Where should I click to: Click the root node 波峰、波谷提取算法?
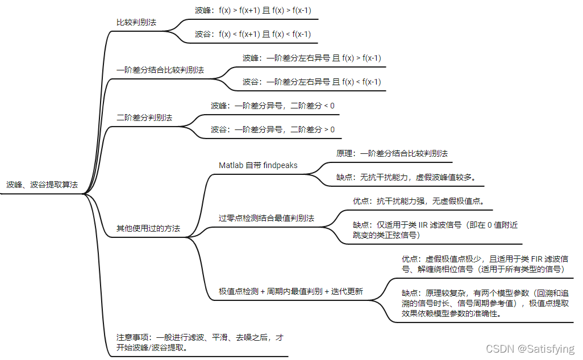pos(42,185)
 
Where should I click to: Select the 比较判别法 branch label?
pos(136,22)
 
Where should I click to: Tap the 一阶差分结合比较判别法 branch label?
pos(160,70)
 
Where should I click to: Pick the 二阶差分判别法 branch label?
pos(144,118)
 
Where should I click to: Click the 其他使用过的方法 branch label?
pos(148,228)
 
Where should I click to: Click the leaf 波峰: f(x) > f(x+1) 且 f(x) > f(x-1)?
pos(253,10)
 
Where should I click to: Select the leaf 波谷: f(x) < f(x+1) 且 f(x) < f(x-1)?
pos(253,34)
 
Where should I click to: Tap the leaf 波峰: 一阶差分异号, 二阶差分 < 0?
pos(273,106)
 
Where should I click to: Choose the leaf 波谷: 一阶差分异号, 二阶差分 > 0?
pos(273,129)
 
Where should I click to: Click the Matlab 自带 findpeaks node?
pos(258,165)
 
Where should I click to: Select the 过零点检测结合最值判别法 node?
pos(266,218)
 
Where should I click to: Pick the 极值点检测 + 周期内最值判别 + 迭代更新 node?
pos(291,291)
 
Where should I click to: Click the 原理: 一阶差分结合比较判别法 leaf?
pos(392,153)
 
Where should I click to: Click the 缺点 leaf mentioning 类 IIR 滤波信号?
pos(435,229)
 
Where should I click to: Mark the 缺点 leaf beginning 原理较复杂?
pos(485,303)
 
